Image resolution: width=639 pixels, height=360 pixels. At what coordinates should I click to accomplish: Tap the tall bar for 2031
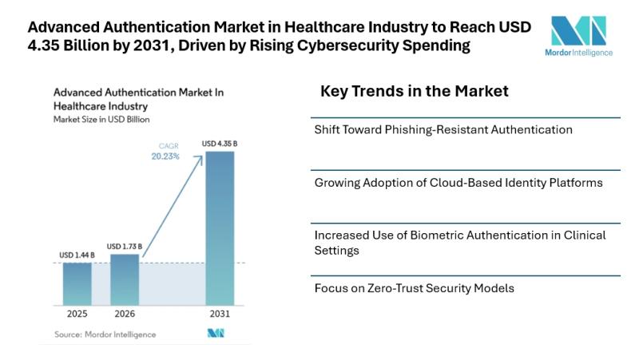click(x=220, y=227)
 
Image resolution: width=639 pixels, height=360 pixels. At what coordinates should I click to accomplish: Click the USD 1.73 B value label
click(x=125, y=246)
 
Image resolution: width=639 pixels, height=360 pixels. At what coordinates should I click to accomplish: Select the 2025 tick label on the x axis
click(x=77, y=315)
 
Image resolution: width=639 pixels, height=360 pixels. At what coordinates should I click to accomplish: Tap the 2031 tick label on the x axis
click(x=220, y=315)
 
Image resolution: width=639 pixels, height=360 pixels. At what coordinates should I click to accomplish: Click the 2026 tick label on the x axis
click(x=125, y=315)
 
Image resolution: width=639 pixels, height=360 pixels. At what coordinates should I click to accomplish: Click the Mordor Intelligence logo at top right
click(x=582, y=35)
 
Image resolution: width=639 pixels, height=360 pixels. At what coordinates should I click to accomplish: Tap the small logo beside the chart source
click(x=216, y=334)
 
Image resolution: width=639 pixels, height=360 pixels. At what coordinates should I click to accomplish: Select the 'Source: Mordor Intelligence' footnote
click(x=105, y=334)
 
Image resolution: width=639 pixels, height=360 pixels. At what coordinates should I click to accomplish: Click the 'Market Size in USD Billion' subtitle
click(x=101, y=119)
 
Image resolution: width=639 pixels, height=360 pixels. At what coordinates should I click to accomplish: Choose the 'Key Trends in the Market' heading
click(x=414, y=91)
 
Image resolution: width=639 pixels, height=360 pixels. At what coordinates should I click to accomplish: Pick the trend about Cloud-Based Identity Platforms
click(x=458, y=183)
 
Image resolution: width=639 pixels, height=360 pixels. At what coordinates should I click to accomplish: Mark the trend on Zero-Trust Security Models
click(x=414, y=287)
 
